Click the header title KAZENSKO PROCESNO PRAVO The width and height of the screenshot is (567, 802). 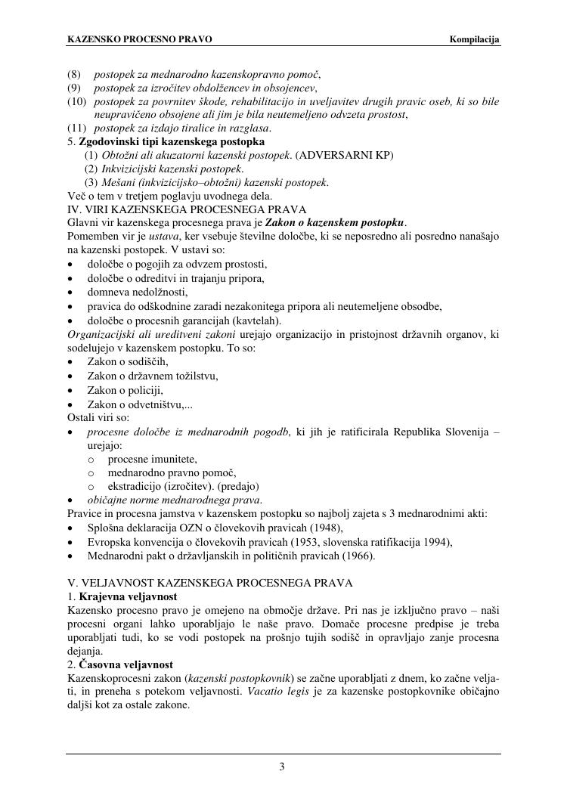point(140,39)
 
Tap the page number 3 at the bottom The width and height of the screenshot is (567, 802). point(282,768)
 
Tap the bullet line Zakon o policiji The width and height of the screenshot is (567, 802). point(125,390)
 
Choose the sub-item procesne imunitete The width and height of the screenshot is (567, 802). point(152,459)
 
